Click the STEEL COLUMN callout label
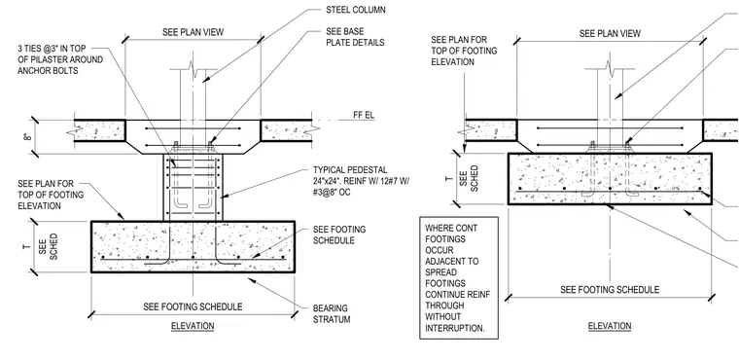[355, 10]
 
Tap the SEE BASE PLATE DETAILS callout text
[355, 37]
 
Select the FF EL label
[364, 115]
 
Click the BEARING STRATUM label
[332, 313]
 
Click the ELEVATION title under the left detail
[193, 326]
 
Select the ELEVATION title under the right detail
[610, 326]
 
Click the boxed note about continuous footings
[459, 278]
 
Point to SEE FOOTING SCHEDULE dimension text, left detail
[193, 306]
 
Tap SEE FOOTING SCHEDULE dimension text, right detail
[610, 289]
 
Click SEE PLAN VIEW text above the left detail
[193, 32]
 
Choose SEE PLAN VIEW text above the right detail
[610, 33]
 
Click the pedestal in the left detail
[193, 188]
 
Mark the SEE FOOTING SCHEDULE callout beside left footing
[339, 234]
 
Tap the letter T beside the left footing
[27, 246]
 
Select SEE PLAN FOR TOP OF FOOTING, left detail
[51, 195]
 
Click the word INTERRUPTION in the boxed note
[455, 329]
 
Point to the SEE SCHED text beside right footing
[470, 178]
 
